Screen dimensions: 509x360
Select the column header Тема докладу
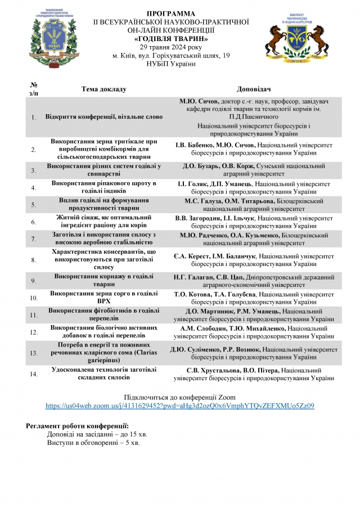coord(104,89)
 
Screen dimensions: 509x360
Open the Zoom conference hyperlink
coord(179,405)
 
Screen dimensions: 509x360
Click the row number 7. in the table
coord(34,239)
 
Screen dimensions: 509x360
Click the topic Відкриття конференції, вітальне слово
coord(104,117)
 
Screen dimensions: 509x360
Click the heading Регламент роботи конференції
coord(78,426)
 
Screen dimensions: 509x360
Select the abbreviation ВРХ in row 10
coord(104,301)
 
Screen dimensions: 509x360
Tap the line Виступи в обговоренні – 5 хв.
coord(93,443)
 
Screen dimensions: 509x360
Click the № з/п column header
coord(34,89)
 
